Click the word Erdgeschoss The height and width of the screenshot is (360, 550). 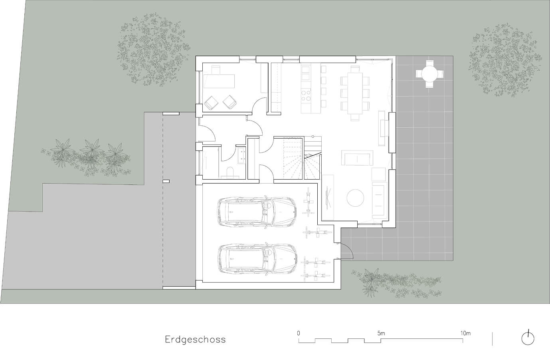click(195, 340)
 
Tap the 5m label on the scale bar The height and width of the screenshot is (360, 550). click(381, 334)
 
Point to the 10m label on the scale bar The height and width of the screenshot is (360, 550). click(465, 334)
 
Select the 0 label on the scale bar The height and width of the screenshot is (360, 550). click(298, 334)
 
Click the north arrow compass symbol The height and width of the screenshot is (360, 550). click(528, 339)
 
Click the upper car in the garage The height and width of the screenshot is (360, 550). click(257, 211)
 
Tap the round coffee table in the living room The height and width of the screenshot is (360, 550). click(355, 198)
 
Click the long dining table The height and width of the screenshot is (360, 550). click(355, 93)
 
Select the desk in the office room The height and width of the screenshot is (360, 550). click(219, 81)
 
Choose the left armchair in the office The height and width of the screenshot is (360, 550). click(212, 103)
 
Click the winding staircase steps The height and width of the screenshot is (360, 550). click(302, 158)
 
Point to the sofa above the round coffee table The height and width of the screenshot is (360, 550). click(357, 158)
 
